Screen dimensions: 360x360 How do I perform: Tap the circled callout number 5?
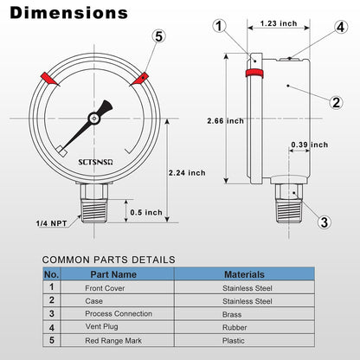click(157, 36)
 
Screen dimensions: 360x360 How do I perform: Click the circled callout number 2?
click(336, 102)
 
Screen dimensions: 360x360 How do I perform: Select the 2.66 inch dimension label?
click(223, 120)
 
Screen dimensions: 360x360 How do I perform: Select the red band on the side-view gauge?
click(254, 74)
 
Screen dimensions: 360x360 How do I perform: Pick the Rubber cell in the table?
click(237, 328)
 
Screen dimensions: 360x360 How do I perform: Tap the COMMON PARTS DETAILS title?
click(108, 259)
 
